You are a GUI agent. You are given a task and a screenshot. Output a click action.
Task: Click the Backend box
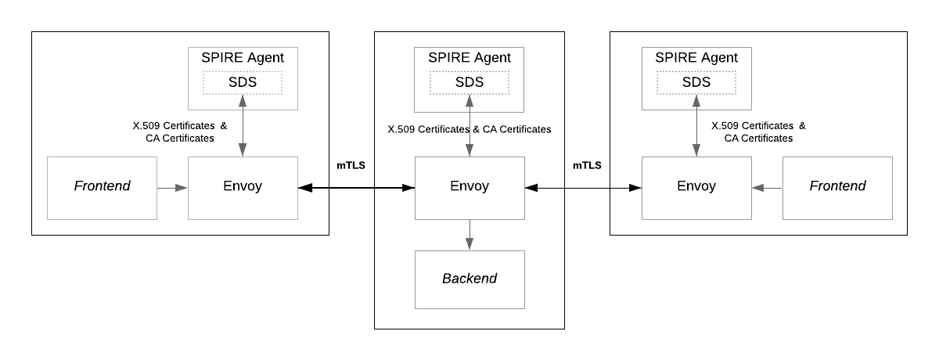pos(469,279)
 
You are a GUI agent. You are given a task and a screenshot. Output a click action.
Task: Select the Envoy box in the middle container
pos(469,187)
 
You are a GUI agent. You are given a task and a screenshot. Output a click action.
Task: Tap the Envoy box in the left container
pos(243,187)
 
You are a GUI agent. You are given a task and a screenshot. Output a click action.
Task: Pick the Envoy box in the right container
pos(696,187)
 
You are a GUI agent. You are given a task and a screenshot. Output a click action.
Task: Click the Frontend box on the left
pos(102,187)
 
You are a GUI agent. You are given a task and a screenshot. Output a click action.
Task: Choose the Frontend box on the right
pos(837,187)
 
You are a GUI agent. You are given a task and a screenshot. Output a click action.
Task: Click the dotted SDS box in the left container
pos(243,82)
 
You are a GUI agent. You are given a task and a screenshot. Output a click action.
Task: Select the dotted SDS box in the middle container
pos(469,82)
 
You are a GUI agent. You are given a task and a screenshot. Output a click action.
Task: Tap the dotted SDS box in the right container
pos(696,82)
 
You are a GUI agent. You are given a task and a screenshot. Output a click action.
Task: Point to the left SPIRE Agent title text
pos(243,58)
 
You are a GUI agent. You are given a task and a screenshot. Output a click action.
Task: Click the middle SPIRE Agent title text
pos(469,58)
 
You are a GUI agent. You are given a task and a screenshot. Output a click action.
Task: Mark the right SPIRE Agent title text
pos(696,58)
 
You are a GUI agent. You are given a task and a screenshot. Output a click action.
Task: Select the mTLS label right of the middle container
pos(587,165)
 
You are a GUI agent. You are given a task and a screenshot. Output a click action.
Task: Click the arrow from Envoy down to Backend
pos(469,235)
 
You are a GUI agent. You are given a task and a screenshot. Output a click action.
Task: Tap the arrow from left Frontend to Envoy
pos(172,188)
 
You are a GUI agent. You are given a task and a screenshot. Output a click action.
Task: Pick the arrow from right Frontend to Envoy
pos(767,188)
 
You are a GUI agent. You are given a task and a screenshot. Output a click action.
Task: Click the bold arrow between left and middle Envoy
pos(356,188)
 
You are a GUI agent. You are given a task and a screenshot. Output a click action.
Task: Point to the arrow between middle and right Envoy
pos(583,188)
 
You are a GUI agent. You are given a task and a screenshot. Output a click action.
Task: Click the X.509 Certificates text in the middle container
pos(429,129)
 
